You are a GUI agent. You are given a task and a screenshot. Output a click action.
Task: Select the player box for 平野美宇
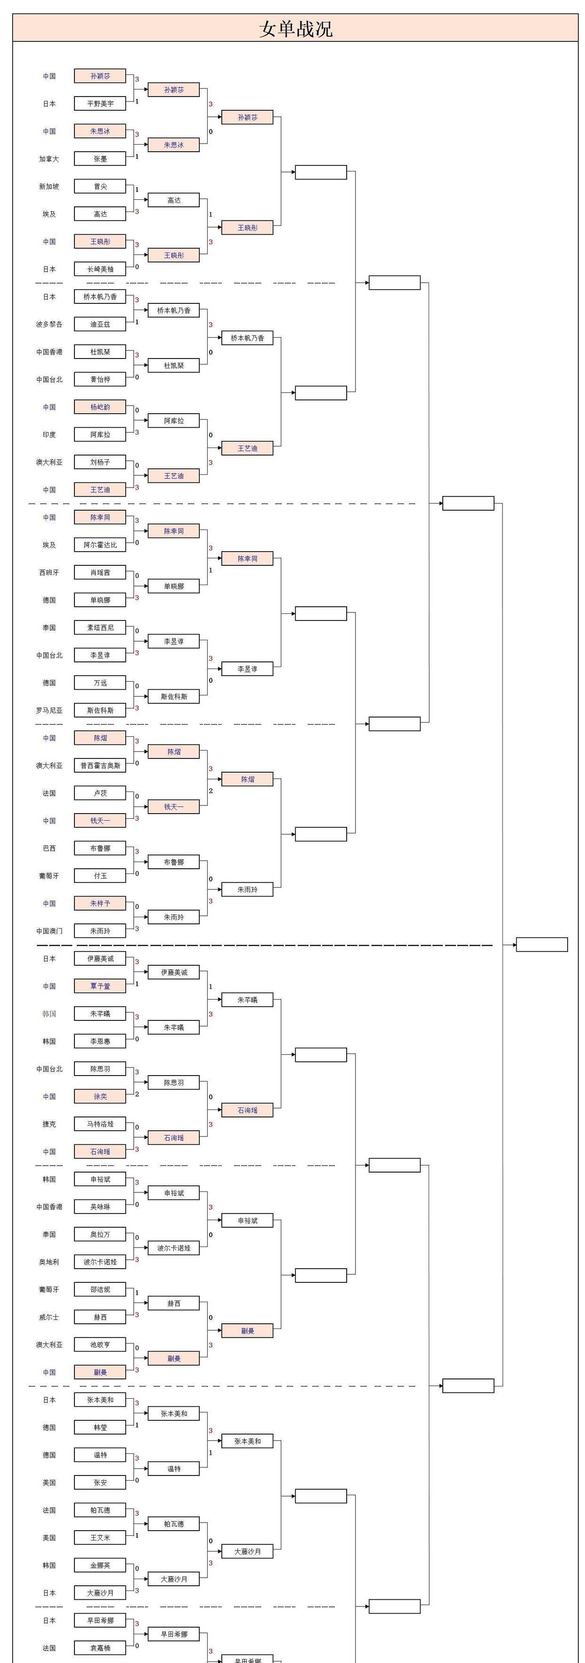(100, 103)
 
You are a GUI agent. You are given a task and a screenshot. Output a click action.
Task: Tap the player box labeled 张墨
(100, 159)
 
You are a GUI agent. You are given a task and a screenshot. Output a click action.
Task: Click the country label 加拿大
(49, 159)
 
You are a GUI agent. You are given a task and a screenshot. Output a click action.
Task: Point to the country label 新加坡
(49, 187)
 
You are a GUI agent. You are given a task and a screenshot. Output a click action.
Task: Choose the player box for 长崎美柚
(100, 269)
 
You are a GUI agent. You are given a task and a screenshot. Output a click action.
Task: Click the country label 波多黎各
(49, 324)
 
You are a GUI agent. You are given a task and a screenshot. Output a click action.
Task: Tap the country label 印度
(49, 434)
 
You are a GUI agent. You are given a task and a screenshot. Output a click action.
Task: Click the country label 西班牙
(49, 572)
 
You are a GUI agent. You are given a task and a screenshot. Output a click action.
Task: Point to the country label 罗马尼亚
(49, 710)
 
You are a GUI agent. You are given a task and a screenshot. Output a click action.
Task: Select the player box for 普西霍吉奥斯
(100, 766)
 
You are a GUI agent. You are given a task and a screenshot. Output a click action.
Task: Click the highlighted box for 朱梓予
(100, 903)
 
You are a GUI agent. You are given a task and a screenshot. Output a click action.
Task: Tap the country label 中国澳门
(49, 931)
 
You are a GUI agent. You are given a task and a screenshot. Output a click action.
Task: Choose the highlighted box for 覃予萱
(100, 986)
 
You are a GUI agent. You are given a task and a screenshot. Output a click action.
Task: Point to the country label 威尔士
(49, 1317)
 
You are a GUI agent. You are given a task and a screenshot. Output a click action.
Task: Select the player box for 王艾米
(100, 1538)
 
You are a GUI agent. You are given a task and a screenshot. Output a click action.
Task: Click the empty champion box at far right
(542, 945)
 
